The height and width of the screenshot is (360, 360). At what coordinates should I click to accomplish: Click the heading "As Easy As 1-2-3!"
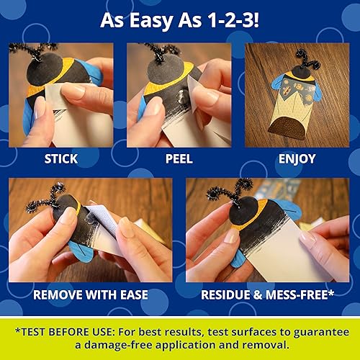pos(179,19)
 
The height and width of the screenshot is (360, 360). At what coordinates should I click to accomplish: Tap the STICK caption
pos(60,158)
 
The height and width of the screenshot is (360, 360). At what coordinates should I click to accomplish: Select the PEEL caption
pos(178,158)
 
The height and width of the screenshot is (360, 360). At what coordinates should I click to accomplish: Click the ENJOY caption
pos(297,158)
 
